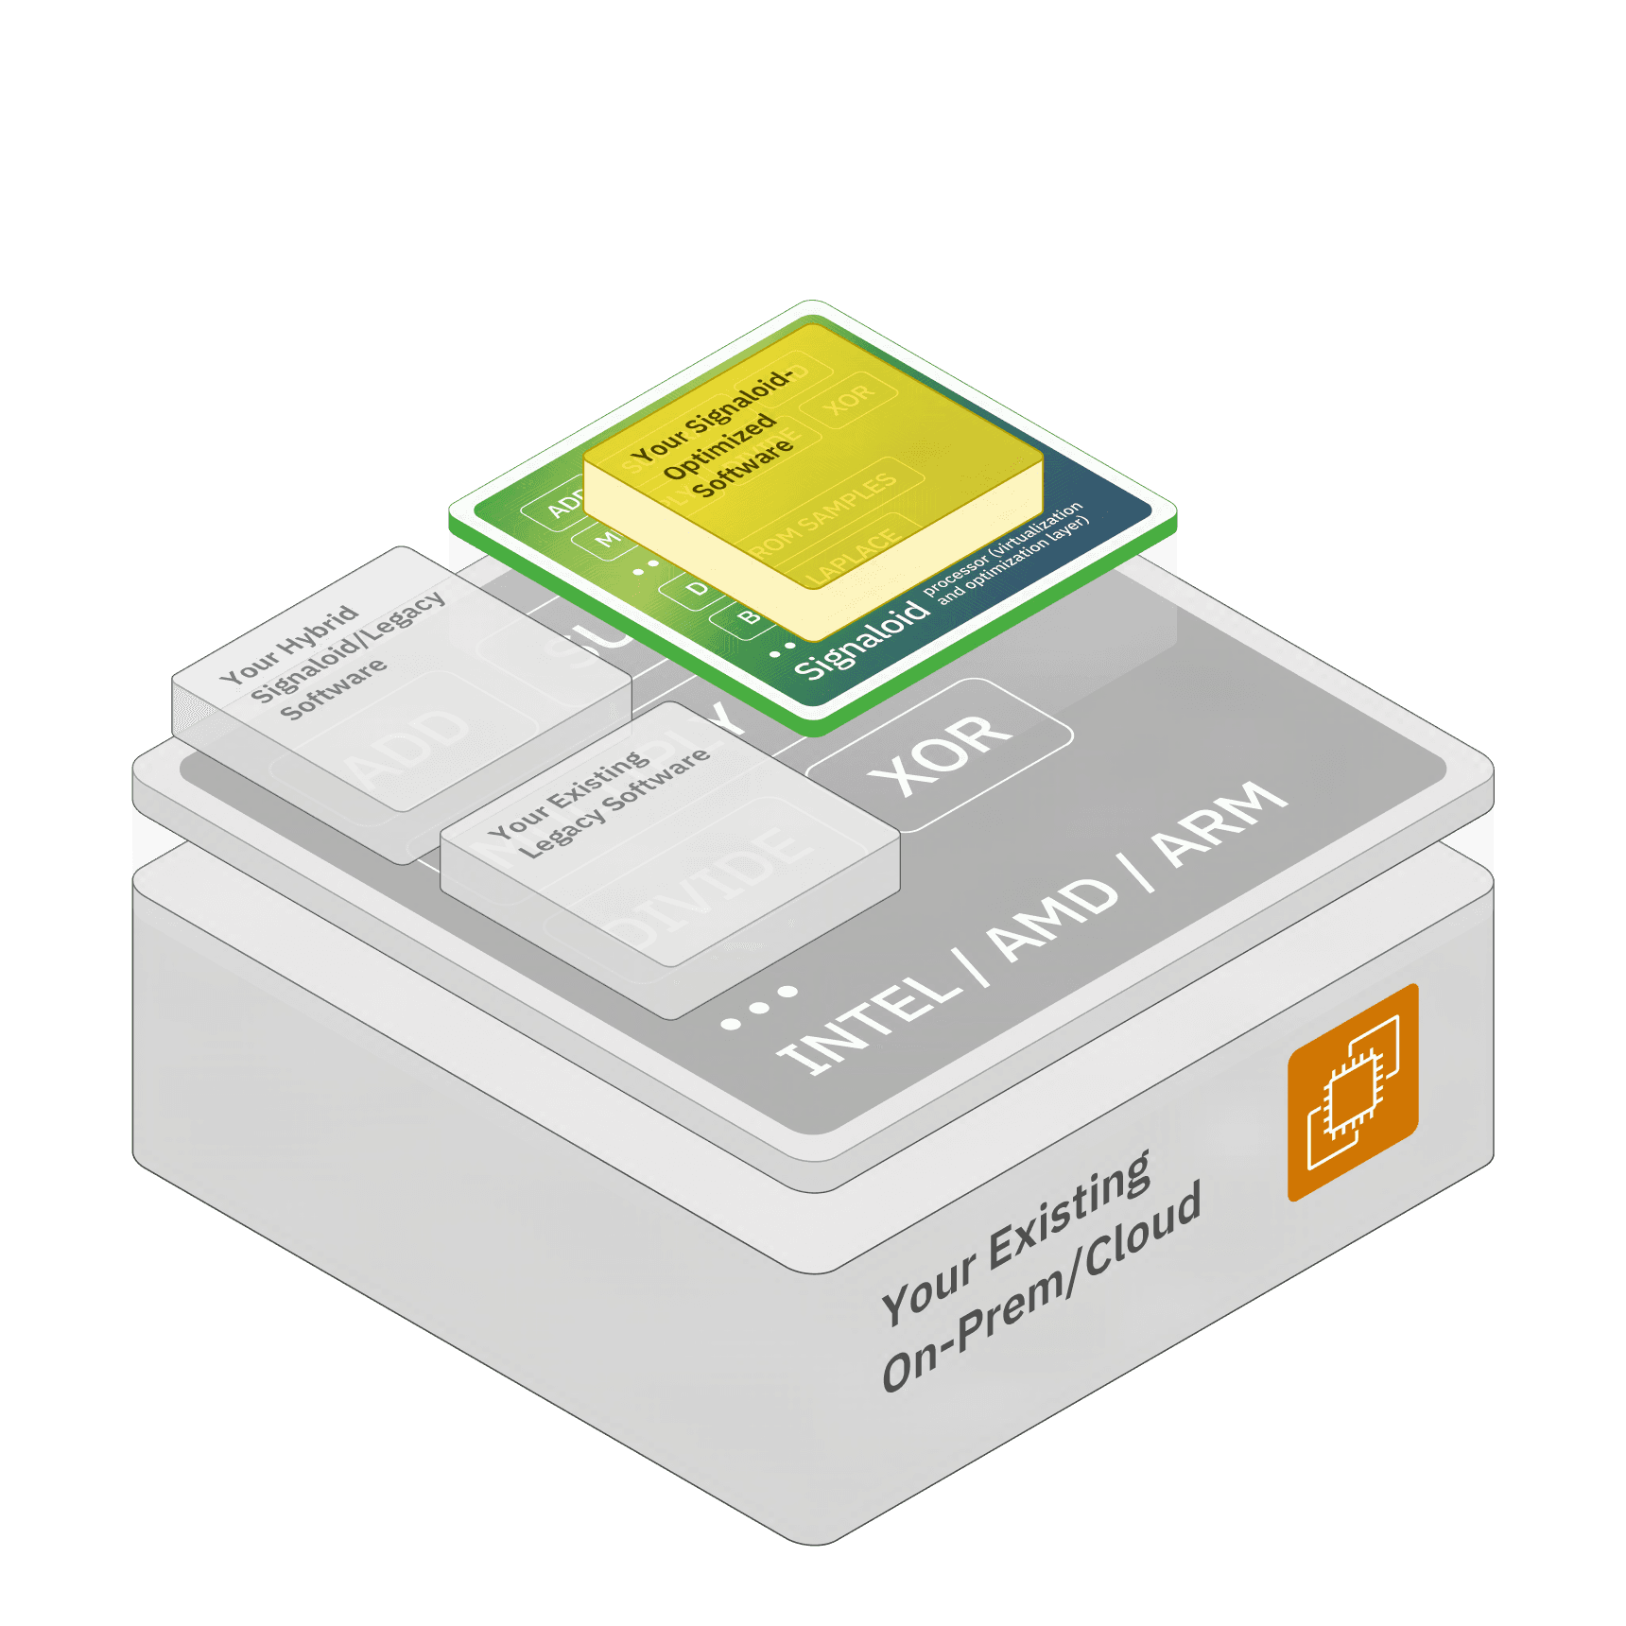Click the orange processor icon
(x=1353, y=1093)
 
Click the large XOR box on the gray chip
(x=940, y=753)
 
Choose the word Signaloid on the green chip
(x=861, y=641)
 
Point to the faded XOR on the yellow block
(x=849, y=400)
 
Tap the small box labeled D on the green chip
(x=697, y=590)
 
